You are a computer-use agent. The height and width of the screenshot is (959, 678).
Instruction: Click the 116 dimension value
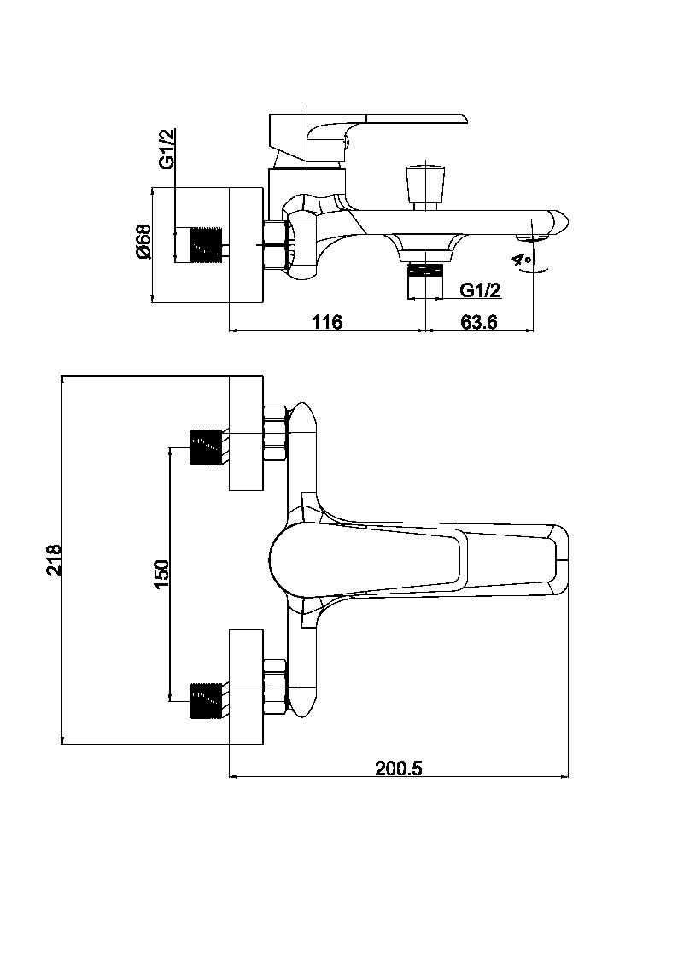point(326,322)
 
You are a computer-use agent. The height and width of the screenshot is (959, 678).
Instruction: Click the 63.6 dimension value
point(478,322)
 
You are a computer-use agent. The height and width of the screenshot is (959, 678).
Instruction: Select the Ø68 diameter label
point(143,242)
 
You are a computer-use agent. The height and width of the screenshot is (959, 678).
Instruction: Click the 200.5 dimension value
point(399,768)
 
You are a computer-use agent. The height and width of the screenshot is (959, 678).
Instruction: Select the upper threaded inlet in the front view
point(206,446)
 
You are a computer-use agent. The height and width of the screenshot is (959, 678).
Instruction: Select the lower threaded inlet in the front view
point(206,699)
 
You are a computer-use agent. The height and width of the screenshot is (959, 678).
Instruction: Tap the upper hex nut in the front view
point(275,434)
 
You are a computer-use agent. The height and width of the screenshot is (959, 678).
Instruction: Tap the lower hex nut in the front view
point(275,687)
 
